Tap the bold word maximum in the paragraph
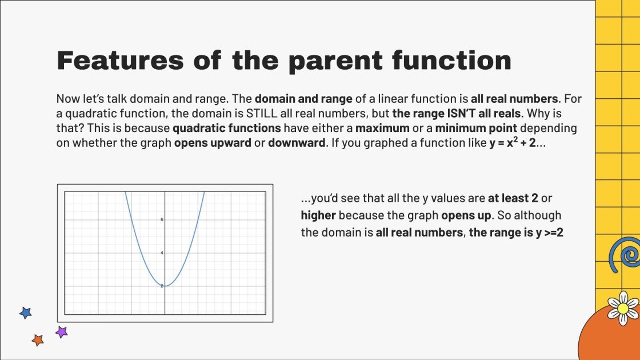tap(382, 128)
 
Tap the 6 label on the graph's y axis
tap(162, 219)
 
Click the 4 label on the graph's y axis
tap(162, 253)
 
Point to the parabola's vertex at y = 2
tap(165, 285)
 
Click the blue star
tap(25, 313)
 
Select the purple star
tap(61, 331)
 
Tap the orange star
tap(38, 340)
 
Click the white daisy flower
tap(623, 308)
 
